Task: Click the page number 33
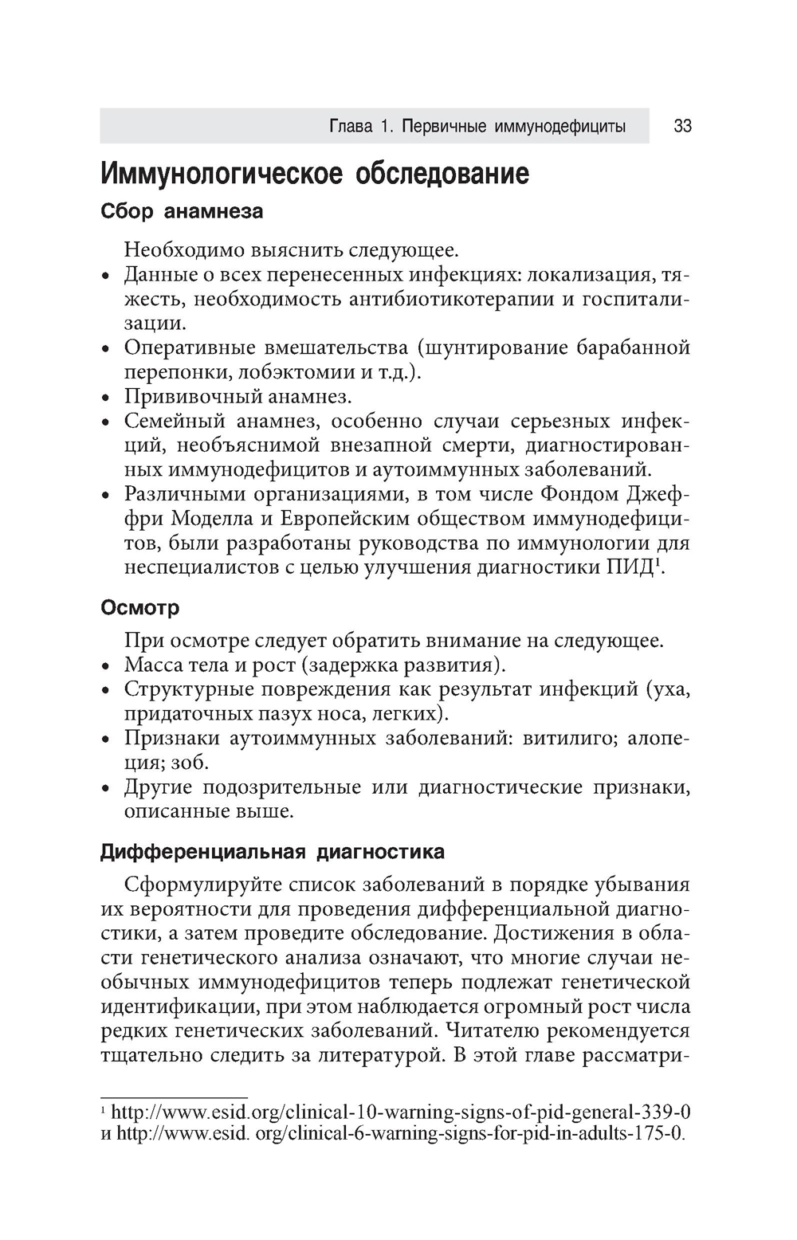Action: (682, 127)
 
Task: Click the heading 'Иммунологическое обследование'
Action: (314, 173)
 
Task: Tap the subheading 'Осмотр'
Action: (139, 608)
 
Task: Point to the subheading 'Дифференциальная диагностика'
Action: (272, 852)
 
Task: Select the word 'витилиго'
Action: (567, 738)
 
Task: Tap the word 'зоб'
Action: (190, 763)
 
